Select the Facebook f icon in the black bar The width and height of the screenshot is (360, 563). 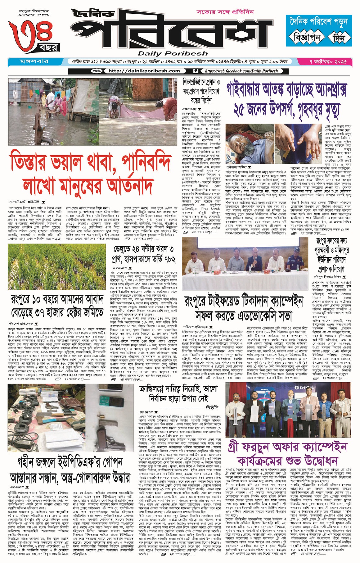[196, 71]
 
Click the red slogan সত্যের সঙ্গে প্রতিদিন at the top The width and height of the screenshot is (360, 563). [225, 12]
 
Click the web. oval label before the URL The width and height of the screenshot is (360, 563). [97, 71]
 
